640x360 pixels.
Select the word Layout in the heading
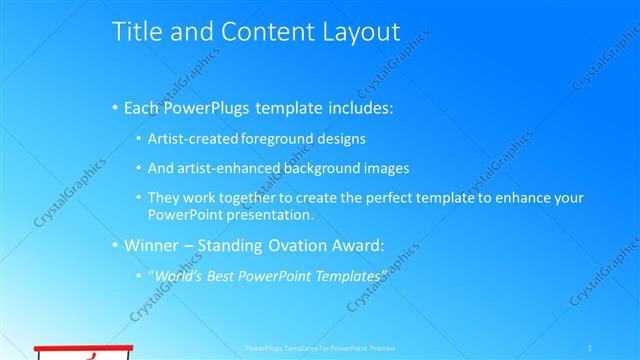[x=351, y=32]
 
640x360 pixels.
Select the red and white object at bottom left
[x=84, y=352]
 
